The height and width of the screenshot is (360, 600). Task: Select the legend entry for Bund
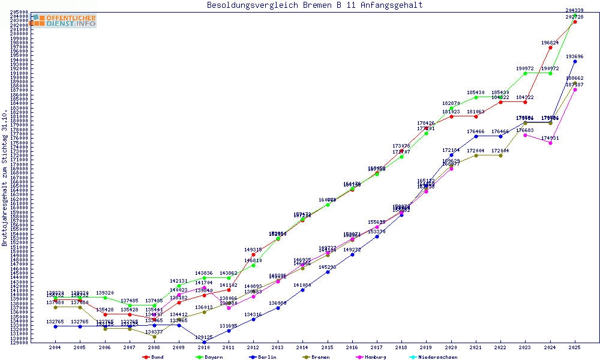pos(154,357)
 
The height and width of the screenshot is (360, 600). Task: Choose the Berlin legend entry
pos(264,357)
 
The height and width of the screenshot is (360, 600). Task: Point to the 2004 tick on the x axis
pos(55,347)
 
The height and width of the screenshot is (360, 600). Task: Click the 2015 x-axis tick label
pos(328,347)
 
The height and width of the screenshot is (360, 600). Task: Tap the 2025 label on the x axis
pos(575,347)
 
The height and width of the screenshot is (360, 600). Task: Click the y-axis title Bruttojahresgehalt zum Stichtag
pos(5,178)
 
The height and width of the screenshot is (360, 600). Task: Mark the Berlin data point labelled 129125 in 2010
pos(204,342)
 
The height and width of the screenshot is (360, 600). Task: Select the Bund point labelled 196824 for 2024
pos(550,47)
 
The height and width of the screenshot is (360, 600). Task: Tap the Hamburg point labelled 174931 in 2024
pos(550,143)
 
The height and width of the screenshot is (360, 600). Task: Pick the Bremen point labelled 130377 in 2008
pos(154,337)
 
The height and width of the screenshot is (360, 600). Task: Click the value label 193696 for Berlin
pos(575,56)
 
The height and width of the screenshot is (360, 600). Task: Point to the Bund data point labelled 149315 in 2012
pos(253,254)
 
